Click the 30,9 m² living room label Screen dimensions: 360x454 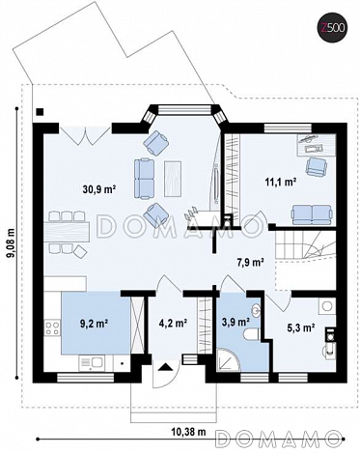pos(99,189)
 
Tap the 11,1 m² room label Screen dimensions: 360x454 pos(281,182)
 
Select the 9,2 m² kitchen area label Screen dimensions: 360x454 pos(94,323)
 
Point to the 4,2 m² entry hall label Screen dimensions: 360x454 pos(174,323)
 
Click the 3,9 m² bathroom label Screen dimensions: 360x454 pos(236,322)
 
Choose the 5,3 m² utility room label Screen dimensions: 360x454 pos(300,327)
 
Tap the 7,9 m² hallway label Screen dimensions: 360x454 pos(251,263)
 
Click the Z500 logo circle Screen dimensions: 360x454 pos(333,28)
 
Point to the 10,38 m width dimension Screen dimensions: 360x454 pos(189,432)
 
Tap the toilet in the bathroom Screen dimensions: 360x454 pos(252,335)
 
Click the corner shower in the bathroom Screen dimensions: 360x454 pos(228,359)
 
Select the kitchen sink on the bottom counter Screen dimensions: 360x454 pos(91,362)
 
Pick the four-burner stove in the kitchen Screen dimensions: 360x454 pos(52,328)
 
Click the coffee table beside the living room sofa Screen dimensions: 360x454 pos(173,179)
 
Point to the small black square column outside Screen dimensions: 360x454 pos(40,112)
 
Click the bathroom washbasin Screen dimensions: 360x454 pos(257,309)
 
